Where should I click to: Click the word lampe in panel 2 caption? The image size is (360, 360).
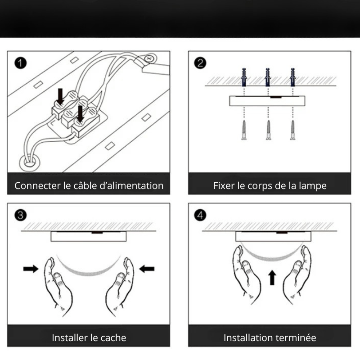[x=314, y=185]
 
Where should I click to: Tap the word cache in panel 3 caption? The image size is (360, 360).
[x=114, y=337]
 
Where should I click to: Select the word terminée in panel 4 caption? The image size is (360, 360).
[x=296, y=337]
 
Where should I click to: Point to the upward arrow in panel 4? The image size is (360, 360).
[x=271, y=278]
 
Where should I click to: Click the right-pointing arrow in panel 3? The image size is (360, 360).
[x=31, y=269]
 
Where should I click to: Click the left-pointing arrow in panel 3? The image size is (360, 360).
[x=147, y=269]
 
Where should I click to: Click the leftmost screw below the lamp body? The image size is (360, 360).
[x=244, y=130]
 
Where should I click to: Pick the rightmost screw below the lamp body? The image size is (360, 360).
[x=293, y=130]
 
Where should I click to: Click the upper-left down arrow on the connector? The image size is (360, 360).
[x=60, y=95]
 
